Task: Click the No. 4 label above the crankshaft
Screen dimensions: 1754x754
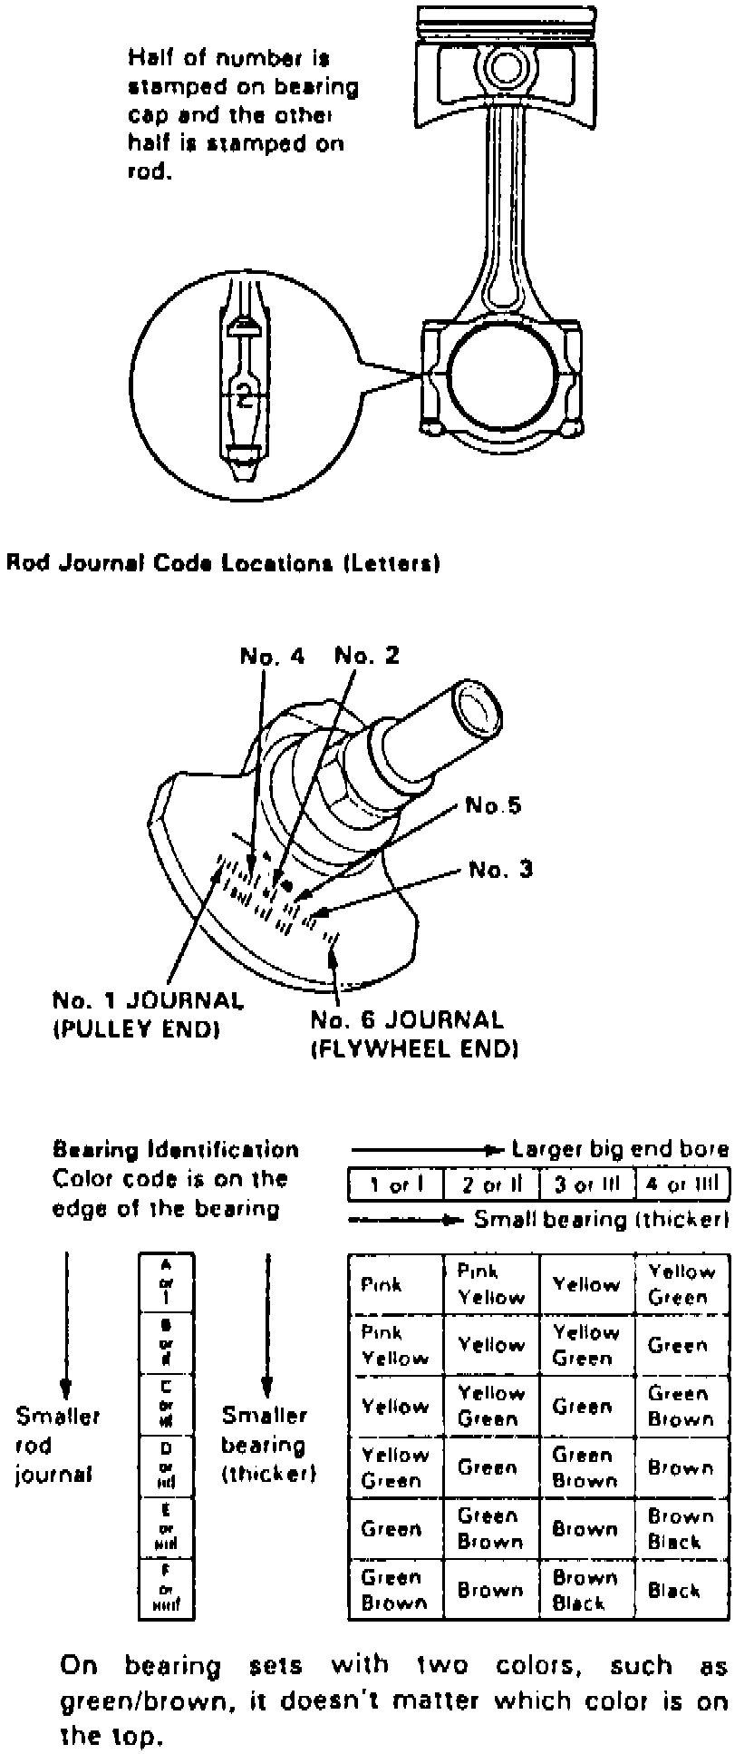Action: (x=272, y=656)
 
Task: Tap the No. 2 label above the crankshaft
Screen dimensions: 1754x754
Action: (x=366, y=656)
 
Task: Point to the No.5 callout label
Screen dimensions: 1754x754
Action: (x=493, y=805)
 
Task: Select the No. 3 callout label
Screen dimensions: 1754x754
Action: (x=500, y=871)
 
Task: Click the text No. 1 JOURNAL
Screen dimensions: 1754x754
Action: (x=148, y=1001)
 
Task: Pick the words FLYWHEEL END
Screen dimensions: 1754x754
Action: (x=414, y=1050)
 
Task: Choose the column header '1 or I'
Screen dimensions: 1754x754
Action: (x=396, y=1184)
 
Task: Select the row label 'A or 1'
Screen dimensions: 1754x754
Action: (x=166, y=1280)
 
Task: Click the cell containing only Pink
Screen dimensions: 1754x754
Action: (x=382, y=1285)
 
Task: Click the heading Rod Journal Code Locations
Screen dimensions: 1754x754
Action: (x=223, y=563)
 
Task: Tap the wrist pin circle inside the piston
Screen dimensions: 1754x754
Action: (x=501, y=67)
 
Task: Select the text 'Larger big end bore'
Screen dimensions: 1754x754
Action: (x=620, y=1150)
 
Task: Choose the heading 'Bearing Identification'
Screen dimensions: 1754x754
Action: (x=176, y=1150)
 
